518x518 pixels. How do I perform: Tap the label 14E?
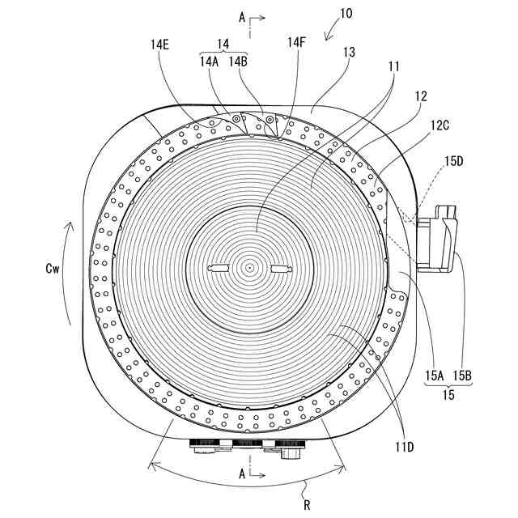[x=159, y=46]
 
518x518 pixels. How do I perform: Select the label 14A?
[x=210, y=60]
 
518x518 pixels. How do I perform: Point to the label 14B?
[x=239, y=60]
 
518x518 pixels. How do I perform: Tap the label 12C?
[x=442, y=125]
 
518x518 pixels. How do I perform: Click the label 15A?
[x=435, y=376]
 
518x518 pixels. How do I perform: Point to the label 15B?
[x=463, y=376]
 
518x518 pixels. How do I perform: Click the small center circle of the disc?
[x=251, y=268]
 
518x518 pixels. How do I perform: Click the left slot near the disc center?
[x=220, y=268]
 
